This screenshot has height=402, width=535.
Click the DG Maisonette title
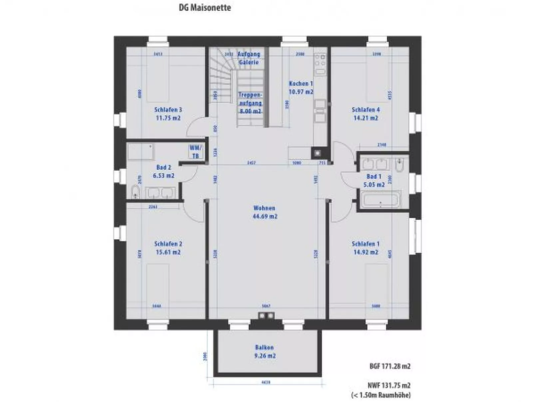pos(205,8)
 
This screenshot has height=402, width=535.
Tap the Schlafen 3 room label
pos(168,114)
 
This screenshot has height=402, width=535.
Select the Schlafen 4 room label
pos(366,114)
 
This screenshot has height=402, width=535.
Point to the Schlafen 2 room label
pos(168,248)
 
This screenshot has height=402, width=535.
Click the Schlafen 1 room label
pos(366,248)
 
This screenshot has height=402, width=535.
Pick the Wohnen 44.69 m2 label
pos(265,212)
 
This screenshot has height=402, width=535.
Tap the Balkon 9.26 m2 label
pos(265,352)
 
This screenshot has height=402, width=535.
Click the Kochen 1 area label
pos(301,87)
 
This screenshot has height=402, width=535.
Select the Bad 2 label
pos(164,171)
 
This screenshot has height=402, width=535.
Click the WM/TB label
pos(195,152)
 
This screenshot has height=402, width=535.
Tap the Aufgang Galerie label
pos(249,58)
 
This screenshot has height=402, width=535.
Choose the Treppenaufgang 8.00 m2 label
pos(250,103)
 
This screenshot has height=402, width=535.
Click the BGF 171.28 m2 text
pos(390,366)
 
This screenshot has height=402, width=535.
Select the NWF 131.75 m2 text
pos(389,385)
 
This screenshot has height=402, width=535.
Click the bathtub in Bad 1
pos(380,199)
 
